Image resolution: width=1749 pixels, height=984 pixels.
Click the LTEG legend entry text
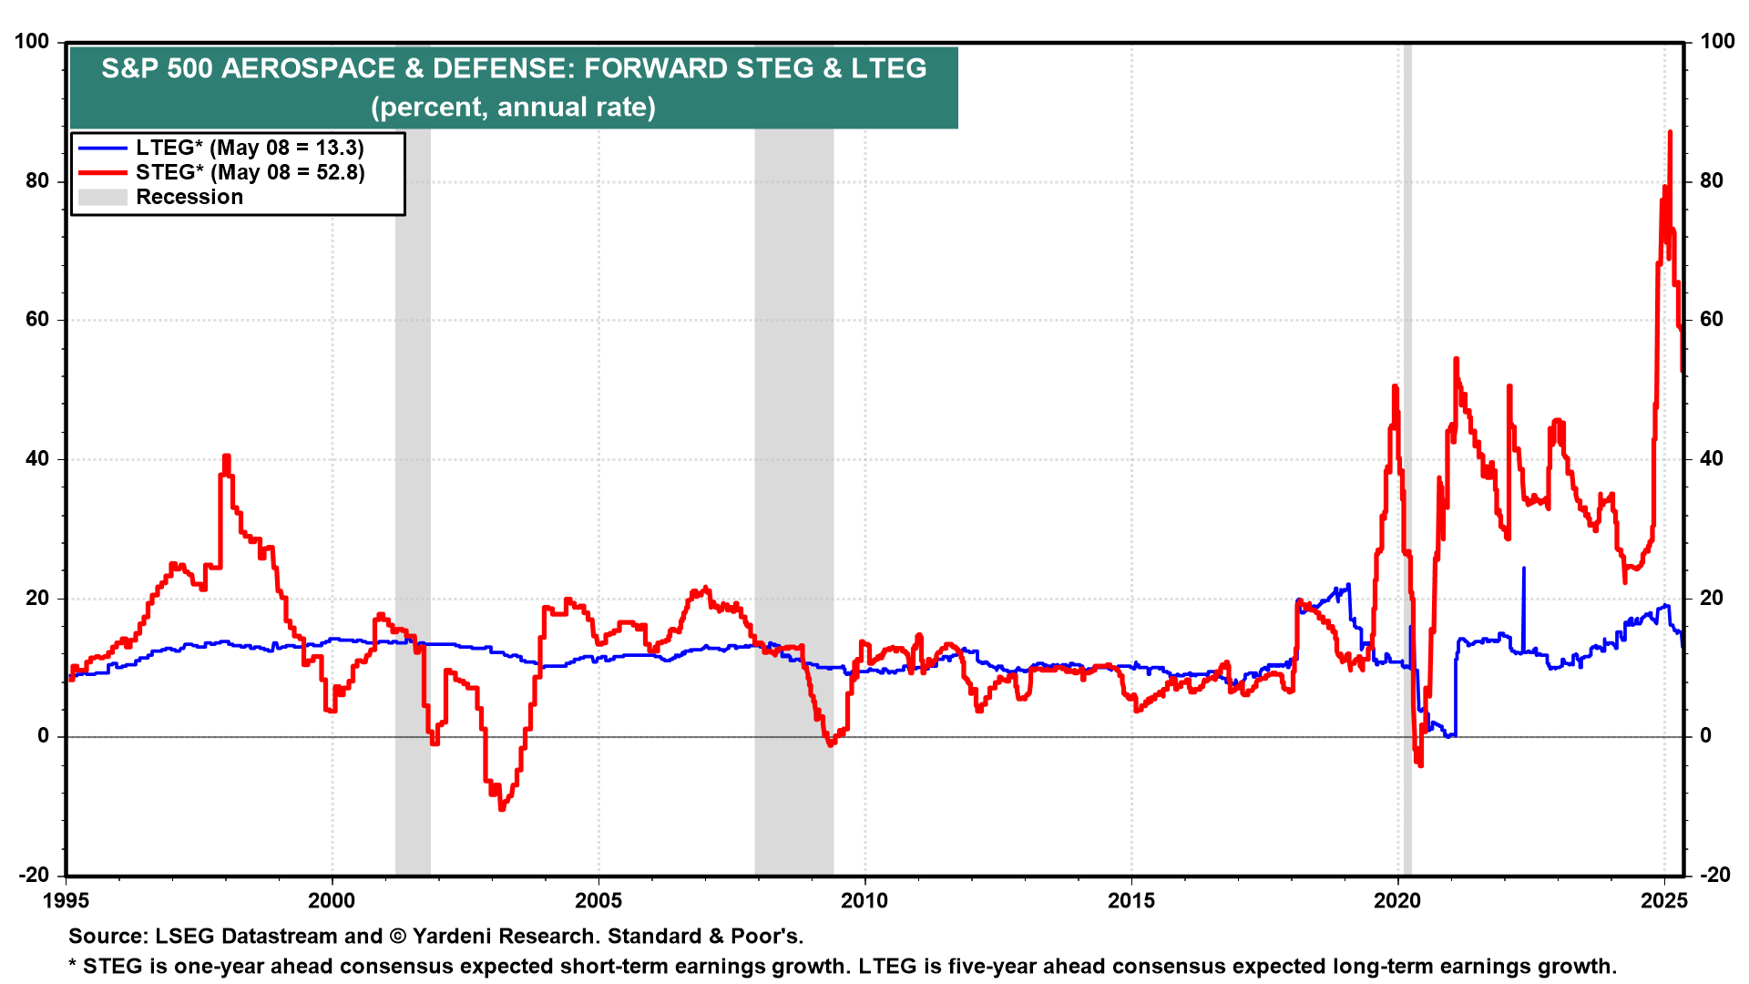pos(250,148)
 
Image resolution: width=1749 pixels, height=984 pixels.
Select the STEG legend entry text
pos(250,172)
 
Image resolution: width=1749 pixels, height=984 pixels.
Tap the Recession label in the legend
pos(189,197)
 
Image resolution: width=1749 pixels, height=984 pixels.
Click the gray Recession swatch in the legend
pos(102,197)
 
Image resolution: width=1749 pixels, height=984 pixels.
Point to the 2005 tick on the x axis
pos(598,901)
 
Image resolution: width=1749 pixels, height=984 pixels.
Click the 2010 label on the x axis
pos(864,901)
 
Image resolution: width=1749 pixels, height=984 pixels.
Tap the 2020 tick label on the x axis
pos(1397,901)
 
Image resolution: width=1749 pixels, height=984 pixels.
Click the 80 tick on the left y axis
pos(37,180)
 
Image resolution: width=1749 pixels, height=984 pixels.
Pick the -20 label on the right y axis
pos(1715,875)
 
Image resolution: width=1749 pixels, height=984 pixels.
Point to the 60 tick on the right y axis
pos(1712,319)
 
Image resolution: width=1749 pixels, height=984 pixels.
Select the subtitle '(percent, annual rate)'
pos(513,108)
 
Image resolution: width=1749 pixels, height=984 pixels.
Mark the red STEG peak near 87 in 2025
pos(1670,133)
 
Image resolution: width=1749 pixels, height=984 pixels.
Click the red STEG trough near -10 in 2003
pos(502,807)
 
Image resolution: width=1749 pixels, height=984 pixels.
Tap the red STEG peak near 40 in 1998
pos(226,456)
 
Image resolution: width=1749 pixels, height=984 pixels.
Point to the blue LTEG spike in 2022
pos(1523,569)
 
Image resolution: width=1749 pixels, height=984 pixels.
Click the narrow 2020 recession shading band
pos(1407,456)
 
